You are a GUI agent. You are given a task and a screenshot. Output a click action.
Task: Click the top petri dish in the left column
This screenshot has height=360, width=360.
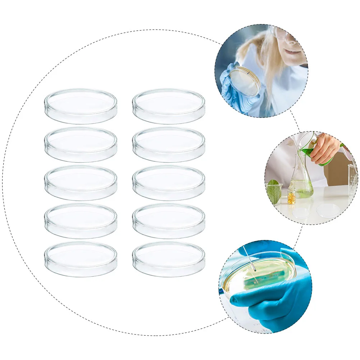(x=81, y=106)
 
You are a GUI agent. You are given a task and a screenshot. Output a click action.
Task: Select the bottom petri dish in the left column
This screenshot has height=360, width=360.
(x=81, y=259)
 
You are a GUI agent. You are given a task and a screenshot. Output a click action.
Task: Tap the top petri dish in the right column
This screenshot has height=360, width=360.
(x=169, y=106)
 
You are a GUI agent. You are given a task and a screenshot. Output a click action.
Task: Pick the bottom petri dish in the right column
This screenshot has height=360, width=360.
(x=169, y=259)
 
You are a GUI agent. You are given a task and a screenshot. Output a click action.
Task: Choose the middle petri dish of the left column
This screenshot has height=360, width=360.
(x=81, y=183)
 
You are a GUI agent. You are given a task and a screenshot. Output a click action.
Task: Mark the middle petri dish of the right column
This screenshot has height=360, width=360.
(x=169, y=183)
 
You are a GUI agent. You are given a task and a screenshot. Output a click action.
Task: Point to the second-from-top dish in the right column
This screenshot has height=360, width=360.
(x=169, y=144)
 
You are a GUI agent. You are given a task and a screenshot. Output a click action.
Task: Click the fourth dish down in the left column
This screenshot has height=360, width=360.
(x=81, y=221)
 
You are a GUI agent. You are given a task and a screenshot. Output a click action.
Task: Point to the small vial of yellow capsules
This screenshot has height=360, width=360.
(x=291, y=196)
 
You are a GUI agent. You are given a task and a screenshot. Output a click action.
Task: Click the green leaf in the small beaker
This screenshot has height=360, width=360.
(x=274, y=191)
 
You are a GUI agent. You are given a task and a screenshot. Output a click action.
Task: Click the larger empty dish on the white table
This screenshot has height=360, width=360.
(x=328, y=210)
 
